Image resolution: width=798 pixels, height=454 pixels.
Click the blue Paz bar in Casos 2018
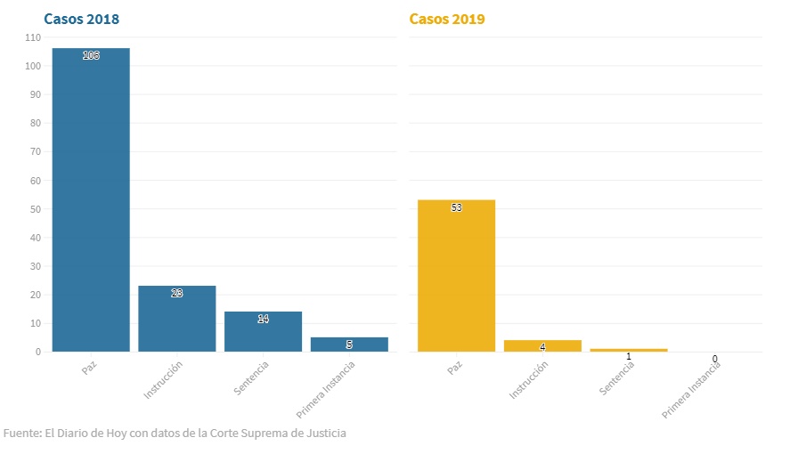click(x=91, y=199)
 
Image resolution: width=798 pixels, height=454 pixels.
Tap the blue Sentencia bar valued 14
click(x=264, y=331)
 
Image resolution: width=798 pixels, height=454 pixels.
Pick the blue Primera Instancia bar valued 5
click(x=349, y=345)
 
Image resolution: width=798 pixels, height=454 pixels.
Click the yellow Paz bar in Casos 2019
click(x=456, y=275)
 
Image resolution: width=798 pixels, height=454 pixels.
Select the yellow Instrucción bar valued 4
click(x=542, y=346)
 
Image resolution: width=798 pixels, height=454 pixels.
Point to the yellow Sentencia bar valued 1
click(x=629, y=350)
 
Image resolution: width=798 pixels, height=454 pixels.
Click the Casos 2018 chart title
click(x=82, y=19)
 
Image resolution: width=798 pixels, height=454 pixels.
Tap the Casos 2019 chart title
click(x=447, y=19)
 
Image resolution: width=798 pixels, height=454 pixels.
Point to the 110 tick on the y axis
click(x=33, y=37)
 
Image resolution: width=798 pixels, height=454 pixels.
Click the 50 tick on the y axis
click(x=36, y=209)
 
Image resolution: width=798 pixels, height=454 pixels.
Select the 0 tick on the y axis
click(x=38, y=352)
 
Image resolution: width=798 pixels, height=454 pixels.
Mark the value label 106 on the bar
click(x=91, y=55)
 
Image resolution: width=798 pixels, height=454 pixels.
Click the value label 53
click(x=456, y=207)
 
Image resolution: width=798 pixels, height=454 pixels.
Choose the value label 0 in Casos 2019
click(x=714, y=359)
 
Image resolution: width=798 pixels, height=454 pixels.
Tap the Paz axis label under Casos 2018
click(x=89, y=367)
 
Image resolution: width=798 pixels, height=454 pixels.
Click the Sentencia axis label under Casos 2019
click(x=618, y=377)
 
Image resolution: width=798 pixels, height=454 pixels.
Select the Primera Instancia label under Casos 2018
click(x=327, y=389)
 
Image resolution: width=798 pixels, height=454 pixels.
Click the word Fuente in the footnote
click(x=21, y=434)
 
